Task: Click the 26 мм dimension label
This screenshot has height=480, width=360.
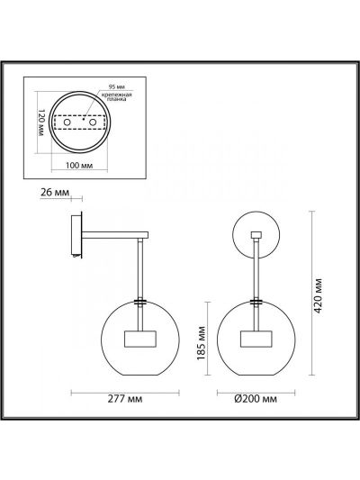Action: click(x=55, y=192)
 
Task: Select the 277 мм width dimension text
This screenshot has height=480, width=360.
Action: click(x=125, y=399)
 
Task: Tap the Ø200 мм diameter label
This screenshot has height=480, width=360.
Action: click(x=256, y=399)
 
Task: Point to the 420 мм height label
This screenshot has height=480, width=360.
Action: click(x=319, y=295)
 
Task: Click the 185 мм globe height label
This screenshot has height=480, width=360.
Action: click(x=202, y=343)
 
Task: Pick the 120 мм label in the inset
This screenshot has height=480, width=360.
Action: click(x=41, y=122)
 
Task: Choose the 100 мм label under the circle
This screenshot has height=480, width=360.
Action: click(x=79, y=165)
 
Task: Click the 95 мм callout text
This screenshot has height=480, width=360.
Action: click(x=117, y=87)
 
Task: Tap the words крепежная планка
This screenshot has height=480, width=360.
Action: click(x=116, y=96)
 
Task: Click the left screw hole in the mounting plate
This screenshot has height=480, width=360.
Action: click(x=67, y=122)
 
